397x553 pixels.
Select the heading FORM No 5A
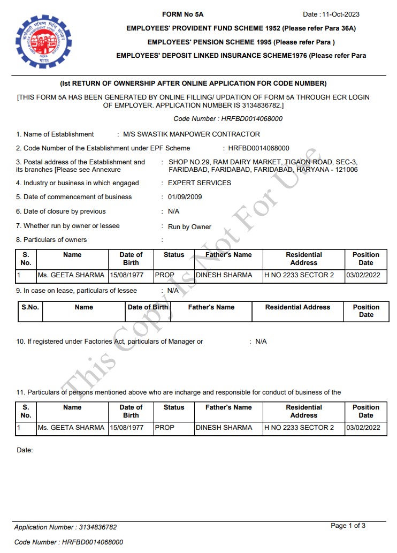pos(182,14)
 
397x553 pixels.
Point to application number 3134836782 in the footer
pos(97,527)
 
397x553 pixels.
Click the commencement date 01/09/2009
pos(185,197)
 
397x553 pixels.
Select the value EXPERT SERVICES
pos(200,183)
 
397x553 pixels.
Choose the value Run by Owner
pos(189,227)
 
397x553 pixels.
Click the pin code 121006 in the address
pos(346,170)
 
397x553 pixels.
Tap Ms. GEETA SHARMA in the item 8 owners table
pos(71,275)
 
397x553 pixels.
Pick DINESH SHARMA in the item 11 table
pos(224,428)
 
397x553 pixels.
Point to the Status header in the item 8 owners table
pos(174,255)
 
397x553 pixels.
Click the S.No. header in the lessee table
pos(30,308)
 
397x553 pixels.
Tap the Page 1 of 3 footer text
pos(348,526)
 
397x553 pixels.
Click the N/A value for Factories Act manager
pos(261,342)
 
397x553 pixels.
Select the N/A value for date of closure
pos(174,211)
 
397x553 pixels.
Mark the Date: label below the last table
pos(25,450)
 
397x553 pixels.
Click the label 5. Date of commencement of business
pos(74,197)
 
